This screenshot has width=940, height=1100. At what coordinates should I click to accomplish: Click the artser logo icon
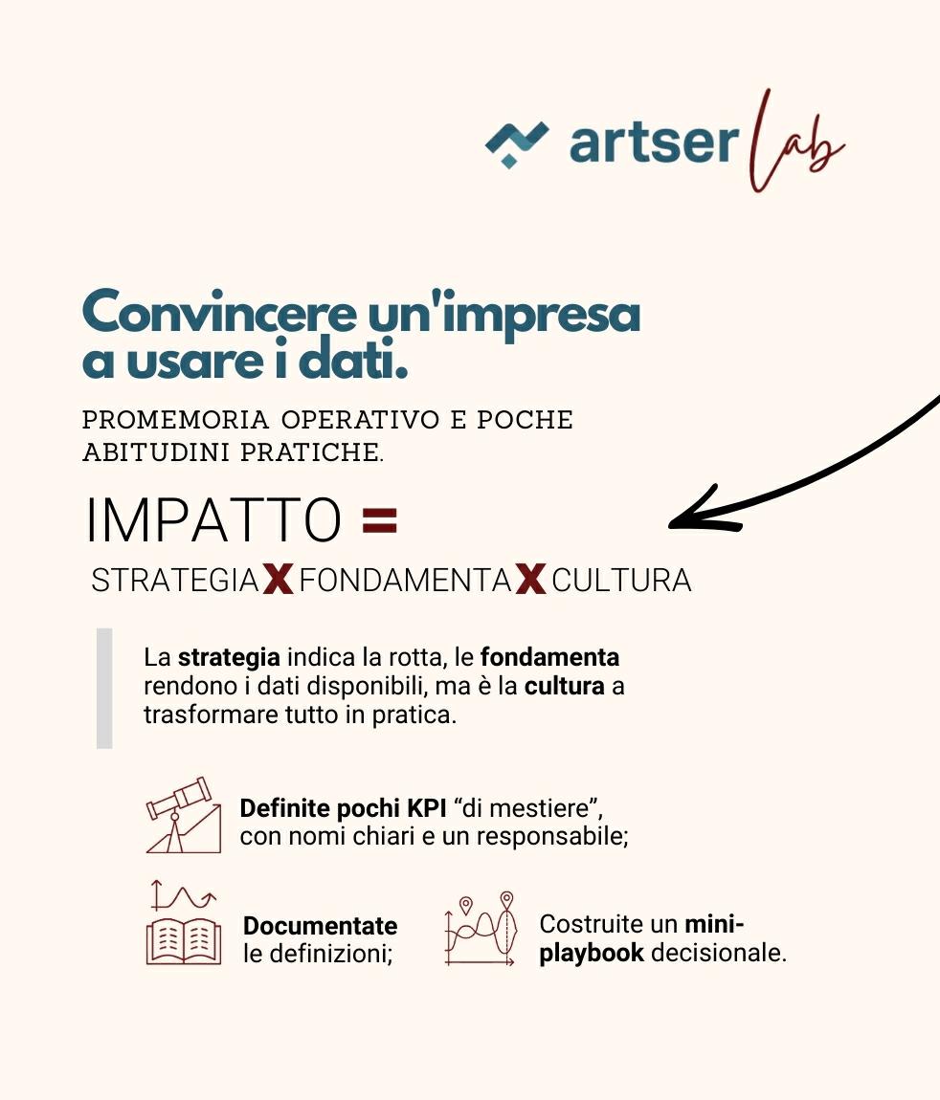pos(517,143)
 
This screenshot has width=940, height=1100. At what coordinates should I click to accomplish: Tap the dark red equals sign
pos(380,521)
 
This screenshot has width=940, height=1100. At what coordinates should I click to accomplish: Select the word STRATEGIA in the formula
pos(174,581)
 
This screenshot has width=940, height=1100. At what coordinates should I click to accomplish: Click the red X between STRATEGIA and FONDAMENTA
pos(278,580)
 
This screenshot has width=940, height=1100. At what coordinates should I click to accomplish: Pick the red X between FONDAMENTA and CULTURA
pos(530,580)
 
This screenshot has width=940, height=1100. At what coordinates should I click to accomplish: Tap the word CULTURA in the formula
pos(621,581)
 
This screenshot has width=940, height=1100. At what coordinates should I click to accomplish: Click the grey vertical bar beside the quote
pos(104,687)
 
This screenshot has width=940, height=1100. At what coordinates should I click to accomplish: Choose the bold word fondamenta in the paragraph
pos(549,658)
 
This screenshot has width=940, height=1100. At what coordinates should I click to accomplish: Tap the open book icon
pos(183,939)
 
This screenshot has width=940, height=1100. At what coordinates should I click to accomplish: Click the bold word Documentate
pos(320,926)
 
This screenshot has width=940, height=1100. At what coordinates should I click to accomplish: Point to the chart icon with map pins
pos(481,930)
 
